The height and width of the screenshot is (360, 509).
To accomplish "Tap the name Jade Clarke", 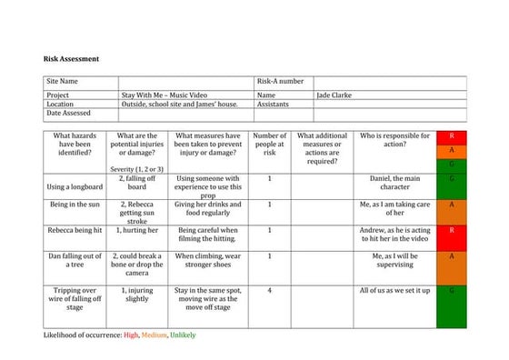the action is pyautogui.click(x=336, y=94).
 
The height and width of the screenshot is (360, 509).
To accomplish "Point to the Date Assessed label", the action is pyautogui.click(x=71, y=114).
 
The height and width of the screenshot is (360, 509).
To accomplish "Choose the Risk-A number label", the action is pyautogui.click(x=281, y=82).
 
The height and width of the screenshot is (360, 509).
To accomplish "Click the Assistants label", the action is pyautogui.click(x=274, y=104).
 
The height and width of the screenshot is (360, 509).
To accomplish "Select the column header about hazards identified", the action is pyautogui.click(x=75, y=144).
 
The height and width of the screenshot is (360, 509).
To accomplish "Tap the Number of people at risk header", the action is pyautogui.click(x=269, y=144).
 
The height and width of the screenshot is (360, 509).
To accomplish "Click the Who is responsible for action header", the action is pyautogui.click(x=394, y=140).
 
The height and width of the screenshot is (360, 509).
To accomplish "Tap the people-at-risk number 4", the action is pyautogui.click(x=269, y=290).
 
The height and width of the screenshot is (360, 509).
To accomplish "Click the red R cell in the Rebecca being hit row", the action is pyautogui.click(x=452, y=231).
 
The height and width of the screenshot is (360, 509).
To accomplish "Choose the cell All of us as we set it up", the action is pyautogui.click(x=394, y=290).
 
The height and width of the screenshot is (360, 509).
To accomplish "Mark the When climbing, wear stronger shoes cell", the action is pyautogui.click(x=206, y=263).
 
